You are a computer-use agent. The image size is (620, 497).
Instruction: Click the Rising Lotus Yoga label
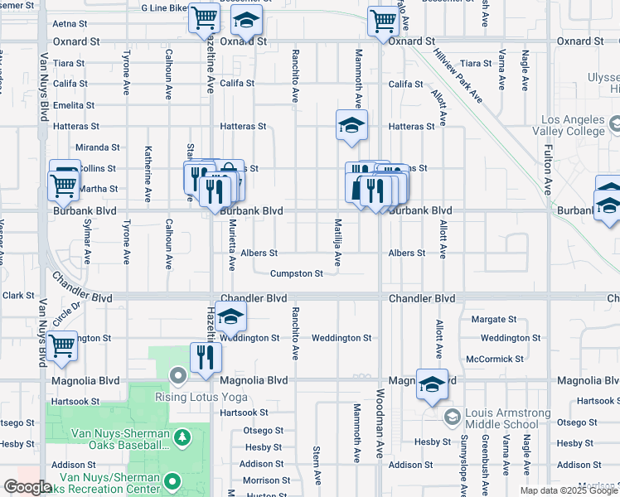[201, 396]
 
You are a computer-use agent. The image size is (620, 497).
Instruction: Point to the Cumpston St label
[296, 273]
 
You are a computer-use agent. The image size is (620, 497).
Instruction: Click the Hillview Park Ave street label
[457, 74]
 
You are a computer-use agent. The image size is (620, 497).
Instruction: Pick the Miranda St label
[97, 147]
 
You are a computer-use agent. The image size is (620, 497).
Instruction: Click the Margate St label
[493, 319]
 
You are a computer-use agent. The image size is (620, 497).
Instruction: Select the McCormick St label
[496, 359]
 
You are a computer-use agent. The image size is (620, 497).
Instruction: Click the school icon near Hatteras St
[351, 127]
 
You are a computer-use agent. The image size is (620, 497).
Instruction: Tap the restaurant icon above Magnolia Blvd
[204, 357]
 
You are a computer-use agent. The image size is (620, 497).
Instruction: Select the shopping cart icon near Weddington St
[62, 345]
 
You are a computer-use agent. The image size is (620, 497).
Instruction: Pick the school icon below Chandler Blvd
[231, 316]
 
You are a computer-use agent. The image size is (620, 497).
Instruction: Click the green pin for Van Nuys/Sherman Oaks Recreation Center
[172, 480]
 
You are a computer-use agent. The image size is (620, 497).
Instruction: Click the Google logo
[27, 487]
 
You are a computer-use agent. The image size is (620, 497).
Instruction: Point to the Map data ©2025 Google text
[568, 490]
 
